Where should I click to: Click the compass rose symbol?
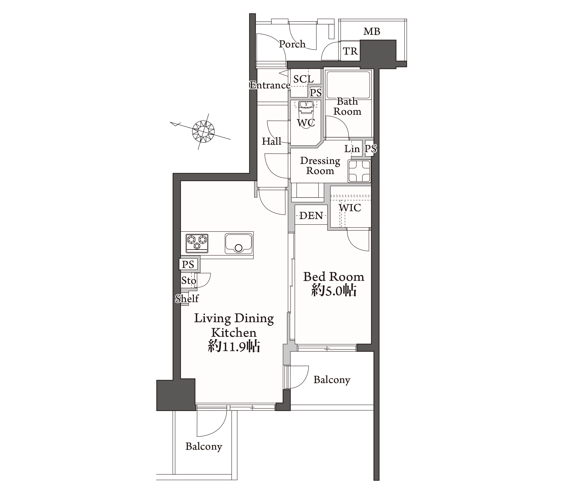pos(203,131)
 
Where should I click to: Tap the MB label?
pos(372,32)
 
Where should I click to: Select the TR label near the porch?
pos(350,51)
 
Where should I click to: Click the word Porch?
pos(292,44)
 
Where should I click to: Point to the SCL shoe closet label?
pos(303,79)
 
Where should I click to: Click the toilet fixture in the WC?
pos(306,107)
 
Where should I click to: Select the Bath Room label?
pos(347,106)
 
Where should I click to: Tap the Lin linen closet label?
pos(352,149)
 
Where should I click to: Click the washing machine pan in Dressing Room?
pos(359,171)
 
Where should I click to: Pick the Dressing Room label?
pos(320,166)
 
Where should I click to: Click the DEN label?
pos(311,216)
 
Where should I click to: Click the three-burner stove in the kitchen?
pos(197,243)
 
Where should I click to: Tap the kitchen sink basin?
pos(238,244)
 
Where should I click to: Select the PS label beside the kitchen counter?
pos(188,264)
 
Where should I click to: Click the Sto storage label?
pos(189,280)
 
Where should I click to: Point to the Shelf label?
pos(187,298)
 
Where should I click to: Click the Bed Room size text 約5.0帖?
pos(334,291)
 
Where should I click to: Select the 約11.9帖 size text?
pos(234,346)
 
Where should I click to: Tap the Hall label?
pos(271,141)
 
